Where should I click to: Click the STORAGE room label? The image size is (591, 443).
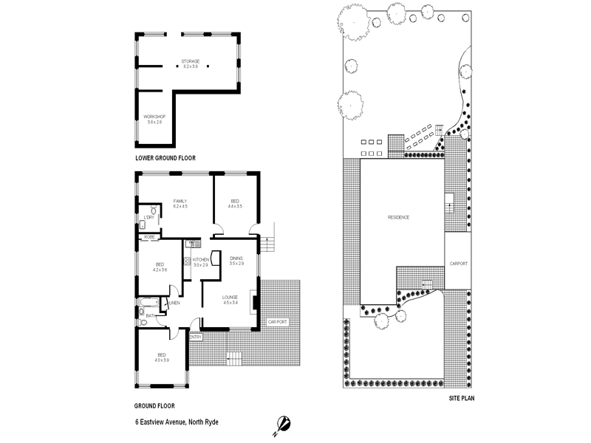coord(191,61)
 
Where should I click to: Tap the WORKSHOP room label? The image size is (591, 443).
coord(154,117)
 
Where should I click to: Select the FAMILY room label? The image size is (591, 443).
coord(180,201)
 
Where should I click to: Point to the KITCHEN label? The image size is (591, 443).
coord(201,260)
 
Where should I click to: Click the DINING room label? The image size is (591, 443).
coord(236,258)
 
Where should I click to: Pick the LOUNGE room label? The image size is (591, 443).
coord(230,297)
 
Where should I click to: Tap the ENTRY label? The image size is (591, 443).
coord(196,337)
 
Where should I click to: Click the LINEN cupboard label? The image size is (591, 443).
coord(175,303)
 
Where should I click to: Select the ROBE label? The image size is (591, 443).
coord(149,237)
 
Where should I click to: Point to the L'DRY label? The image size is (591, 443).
coord(149,217)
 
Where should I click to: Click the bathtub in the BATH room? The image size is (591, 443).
coord(147,304)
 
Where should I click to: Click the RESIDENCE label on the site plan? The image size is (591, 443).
coord(398,217)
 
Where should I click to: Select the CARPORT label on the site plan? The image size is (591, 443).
coord(459,264)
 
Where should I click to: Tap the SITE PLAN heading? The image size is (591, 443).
coord(462,398)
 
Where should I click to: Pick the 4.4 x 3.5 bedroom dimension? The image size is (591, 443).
coord(235,207)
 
